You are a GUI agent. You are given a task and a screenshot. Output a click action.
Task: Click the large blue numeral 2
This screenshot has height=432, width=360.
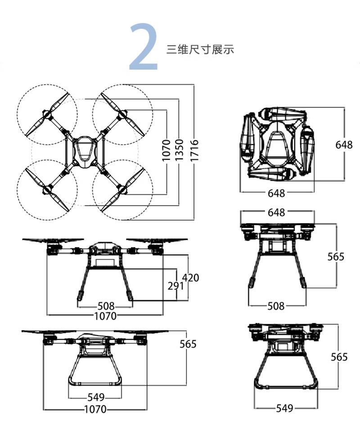point(144,46)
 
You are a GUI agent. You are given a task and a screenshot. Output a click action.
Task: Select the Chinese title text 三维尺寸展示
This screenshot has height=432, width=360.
point(200,50)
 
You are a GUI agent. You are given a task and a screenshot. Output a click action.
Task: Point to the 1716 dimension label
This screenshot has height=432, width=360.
point(194,150)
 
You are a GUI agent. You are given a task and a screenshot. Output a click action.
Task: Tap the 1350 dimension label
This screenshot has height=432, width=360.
point(179,150)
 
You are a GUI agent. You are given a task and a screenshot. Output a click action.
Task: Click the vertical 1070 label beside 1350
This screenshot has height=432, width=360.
point(166,150)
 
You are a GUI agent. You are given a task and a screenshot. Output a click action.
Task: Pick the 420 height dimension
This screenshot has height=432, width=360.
point(191,278)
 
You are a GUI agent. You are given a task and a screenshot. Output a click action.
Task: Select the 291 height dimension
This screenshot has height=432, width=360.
point(176,286)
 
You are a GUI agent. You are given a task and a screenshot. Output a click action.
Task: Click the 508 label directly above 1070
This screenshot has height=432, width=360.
point(106,306)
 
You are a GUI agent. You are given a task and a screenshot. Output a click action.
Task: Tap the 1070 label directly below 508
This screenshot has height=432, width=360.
point(105,316)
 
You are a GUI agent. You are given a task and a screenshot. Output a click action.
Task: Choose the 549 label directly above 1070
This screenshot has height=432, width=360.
point(96,397)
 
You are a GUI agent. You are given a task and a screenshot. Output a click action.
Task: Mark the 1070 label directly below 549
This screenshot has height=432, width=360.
point(95,409)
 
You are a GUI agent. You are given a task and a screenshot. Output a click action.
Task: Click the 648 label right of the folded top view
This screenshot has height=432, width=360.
point(344,145)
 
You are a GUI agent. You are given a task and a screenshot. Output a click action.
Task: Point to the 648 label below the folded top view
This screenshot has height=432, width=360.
point(276,193)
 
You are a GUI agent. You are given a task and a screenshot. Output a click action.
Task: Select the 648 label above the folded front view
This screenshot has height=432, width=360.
point(276,212)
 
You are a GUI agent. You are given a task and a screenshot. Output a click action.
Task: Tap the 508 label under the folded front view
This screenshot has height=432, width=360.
point(276,306)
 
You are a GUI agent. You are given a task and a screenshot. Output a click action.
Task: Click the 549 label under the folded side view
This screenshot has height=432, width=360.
point(284,408)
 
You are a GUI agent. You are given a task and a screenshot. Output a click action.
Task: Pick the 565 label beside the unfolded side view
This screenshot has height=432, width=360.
point(188,344)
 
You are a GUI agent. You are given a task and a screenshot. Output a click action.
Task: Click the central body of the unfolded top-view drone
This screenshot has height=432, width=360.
point(84,151)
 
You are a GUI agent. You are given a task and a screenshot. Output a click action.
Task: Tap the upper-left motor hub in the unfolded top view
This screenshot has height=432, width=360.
point(47,114)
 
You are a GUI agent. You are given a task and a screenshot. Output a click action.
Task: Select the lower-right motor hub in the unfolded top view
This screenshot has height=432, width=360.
point(122,189)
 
